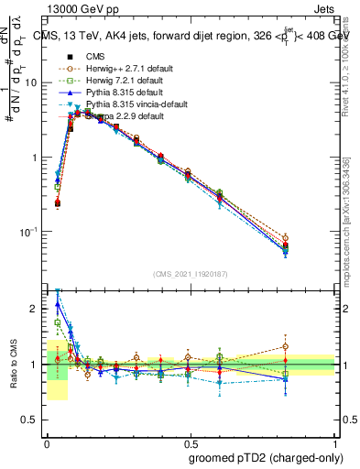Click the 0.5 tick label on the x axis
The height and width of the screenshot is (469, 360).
click(190, 441)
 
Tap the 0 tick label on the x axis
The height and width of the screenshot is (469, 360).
click(47, 441)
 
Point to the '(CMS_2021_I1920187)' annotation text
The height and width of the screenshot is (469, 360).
click(191, 275)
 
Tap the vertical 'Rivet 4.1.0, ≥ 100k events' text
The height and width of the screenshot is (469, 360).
click(350, 73)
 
